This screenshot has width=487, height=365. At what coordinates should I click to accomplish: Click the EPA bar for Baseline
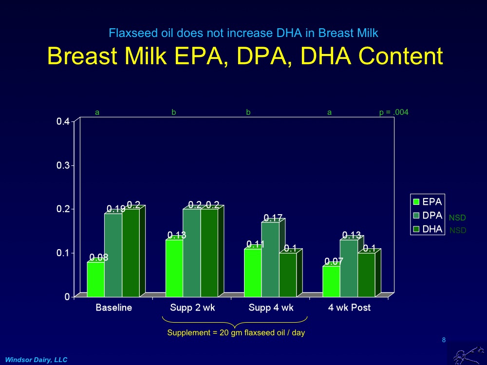click(95, 279)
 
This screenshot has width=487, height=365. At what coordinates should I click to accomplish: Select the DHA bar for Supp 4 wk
click(287, 275)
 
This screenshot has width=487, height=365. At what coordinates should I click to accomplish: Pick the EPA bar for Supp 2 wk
click(174, 268)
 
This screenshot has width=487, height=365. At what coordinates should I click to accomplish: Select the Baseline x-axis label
click(113, 308)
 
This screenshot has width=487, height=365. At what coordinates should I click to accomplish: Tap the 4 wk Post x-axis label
click(349, 308)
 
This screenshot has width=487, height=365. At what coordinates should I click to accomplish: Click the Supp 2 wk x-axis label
click(192, 308)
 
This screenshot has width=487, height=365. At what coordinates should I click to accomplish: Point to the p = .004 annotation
click(393, 112)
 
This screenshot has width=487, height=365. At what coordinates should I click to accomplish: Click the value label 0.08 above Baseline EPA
click(98, 257)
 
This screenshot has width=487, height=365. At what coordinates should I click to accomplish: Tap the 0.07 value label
click(334, 261)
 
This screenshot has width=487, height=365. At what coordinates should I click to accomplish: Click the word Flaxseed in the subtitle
click(128, 33)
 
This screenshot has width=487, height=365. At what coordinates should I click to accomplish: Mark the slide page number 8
click(444, 340)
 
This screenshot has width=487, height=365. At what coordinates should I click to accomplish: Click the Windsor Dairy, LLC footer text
click(36, 360)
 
